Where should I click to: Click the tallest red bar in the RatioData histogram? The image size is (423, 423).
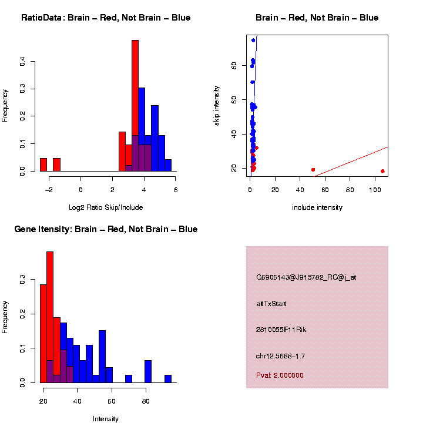(x=135, y=106)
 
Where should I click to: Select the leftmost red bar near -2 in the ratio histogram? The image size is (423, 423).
(x=43, y=164)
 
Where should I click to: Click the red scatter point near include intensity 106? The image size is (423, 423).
(x=382, y=171)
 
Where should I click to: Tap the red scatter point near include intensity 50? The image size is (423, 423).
(x=313, y=170)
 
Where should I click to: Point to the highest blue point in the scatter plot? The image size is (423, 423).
(x=253, y=41)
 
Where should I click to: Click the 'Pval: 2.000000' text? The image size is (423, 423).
(x=280, y=375)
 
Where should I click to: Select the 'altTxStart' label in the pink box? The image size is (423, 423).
(x=271, y=304)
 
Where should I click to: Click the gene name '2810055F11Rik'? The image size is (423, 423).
(x=281, y=330)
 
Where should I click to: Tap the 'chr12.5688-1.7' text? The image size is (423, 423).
(x=280, y=356)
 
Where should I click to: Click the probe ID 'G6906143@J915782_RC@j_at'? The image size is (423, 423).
(x=305, y=277)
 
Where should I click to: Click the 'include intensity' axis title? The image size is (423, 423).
(x=317, y=207)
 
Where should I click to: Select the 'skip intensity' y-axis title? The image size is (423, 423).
(x=217, y=105)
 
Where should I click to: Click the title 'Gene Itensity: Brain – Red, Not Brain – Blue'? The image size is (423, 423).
(x=106, y=229)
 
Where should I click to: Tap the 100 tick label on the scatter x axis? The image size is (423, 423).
(x=375, y=190)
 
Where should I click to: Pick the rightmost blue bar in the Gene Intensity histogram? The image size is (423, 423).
(x=168, y=379)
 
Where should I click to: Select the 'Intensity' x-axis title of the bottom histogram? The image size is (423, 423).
(x=106, y=419)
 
